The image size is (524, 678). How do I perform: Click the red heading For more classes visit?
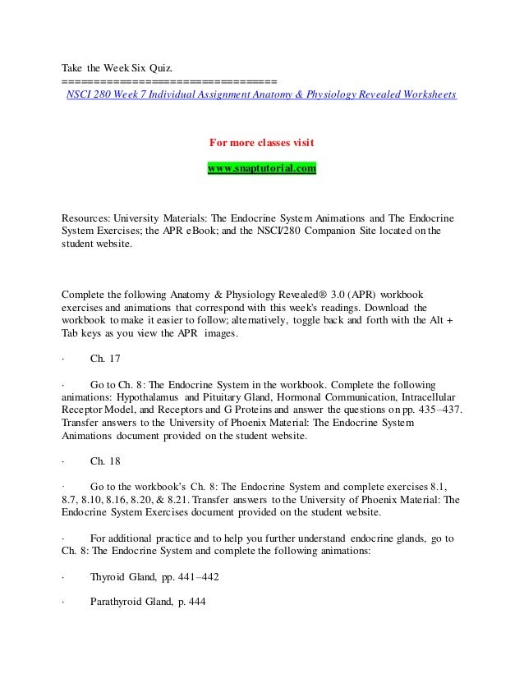point(261,143)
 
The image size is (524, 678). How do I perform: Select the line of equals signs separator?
point(169,81)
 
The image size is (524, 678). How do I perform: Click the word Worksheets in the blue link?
point(428,94)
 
